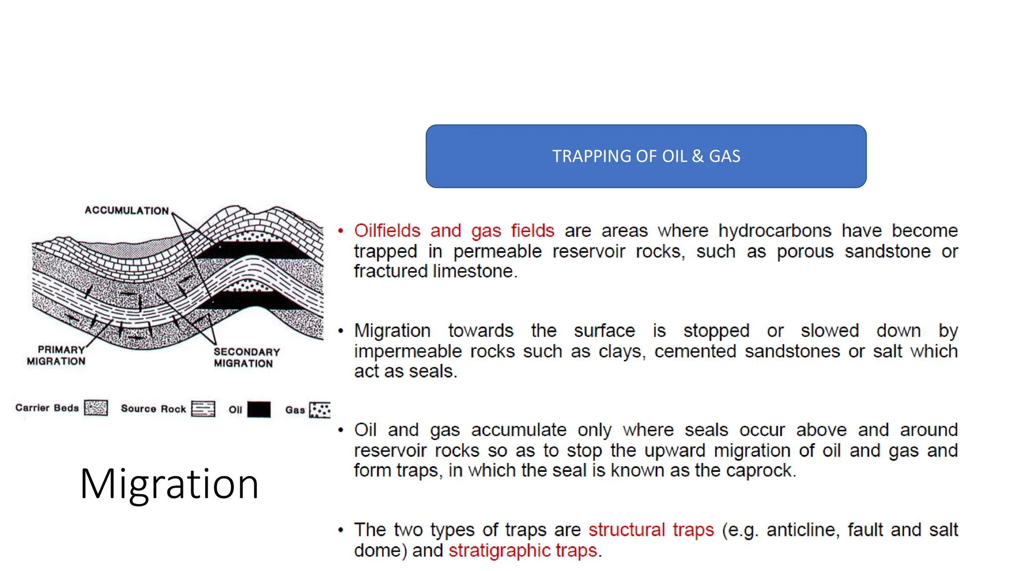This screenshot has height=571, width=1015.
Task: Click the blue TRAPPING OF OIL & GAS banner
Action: pyautogui.click(x=646, y=156)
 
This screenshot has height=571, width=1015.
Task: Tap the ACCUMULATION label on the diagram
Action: pyautogui.click(x=126, y=211)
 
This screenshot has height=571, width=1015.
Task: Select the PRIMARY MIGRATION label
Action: pyautogui.click(x=56, y=355)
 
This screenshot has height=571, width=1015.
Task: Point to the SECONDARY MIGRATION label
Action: pyautogui.click(x=246, y=357)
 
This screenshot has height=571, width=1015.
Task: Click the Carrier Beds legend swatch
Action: pyautogui.click(x=96, y=408)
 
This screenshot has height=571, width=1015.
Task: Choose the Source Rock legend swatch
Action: pyautogui.click(x=203, y=409)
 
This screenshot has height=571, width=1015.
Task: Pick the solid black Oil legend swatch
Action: pyautogui.click(x=259, y=409)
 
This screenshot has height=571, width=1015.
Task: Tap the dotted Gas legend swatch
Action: pyautogui.click(x=320, y=410)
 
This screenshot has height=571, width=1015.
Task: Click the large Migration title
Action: pyautogui.click(x=169, y=484)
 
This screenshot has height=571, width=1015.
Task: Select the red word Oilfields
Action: pyautogui.click(x=387, y=231)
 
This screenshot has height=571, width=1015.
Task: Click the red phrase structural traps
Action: pyautogui.click(x=651, y=530)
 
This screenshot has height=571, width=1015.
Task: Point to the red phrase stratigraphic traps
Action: pyautogui.click(x=523, y=551)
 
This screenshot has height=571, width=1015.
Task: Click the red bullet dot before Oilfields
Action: pyautogui.click(x=340, y=231)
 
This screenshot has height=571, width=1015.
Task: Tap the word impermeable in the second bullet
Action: pyautogui.click(x=408, y=351)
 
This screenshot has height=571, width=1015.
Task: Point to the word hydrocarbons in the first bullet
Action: pyautogui.click(x=775, y=231)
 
